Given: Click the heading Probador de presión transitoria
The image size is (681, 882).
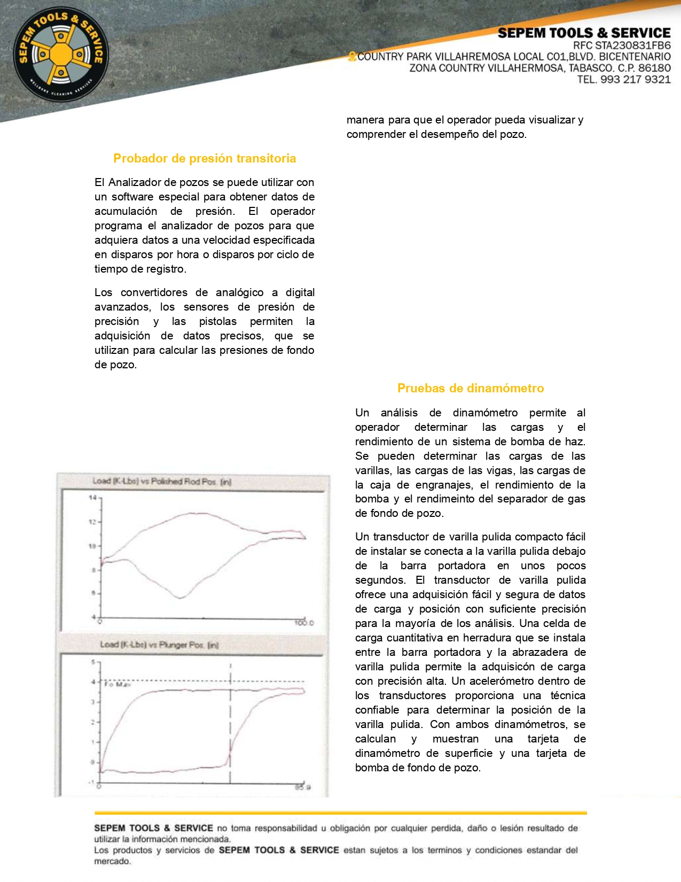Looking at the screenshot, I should click(205, 158).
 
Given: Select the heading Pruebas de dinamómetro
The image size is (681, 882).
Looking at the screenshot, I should click(471, 388).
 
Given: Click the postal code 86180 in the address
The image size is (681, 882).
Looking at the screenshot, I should click(654, 68).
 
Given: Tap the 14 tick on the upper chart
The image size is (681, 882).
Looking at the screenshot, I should click(93, 498).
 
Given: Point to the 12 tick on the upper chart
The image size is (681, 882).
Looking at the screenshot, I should click(93, 522).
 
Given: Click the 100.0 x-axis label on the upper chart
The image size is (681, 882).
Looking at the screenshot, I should click(304, 623).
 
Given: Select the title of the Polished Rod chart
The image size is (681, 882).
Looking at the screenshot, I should click(162, 482).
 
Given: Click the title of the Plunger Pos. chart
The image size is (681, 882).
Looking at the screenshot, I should click(159, 645).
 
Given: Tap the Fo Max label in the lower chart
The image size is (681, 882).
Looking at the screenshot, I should click(117, 685).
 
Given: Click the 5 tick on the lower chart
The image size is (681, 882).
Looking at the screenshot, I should click(93, 662).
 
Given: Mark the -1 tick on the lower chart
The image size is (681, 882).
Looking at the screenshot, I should click(92, 782).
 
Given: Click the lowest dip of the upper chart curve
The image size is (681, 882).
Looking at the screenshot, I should click(181, 597).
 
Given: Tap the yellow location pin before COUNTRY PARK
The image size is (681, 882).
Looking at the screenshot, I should click(351, 57).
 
